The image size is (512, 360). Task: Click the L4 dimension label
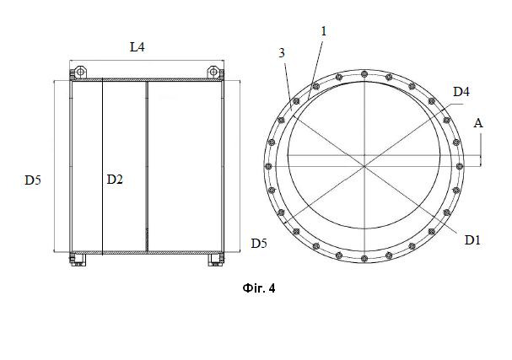[137, 47]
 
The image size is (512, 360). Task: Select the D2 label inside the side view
[115, 180]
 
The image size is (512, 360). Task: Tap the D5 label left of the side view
[33, 180]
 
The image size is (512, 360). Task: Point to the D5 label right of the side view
[259, 243]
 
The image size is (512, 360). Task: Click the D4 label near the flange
[461, 92]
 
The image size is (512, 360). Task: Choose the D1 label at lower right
[472, 240]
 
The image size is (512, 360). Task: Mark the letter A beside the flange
[478, 123]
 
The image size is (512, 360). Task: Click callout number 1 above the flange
[324, 31]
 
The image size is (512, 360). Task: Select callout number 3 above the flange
[282, 53]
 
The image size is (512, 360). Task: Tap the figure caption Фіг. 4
[259, 288]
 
